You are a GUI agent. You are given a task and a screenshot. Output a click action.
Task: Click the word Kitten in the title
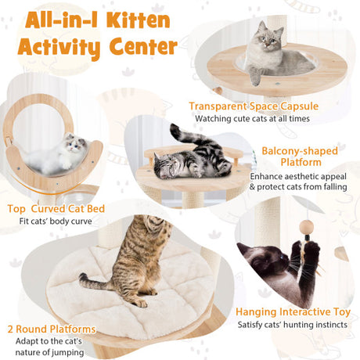pyautogui.click(x=138, y=20)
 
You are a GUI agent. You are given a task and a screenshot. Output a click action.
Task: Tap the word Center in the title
pyautogui.click(x=143, y=46)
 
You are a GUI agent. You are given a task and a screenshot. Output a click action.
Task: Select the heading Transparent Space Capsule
pyautogui.click(x=254, y=106)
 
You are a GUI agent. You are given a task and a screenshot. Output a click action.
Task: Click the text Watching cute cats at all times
pyautogui.click(x=252, y=119)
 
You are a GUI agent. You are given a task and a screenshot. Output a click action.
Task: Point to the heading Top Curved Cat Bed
pyautogui.click(x=56, y=209)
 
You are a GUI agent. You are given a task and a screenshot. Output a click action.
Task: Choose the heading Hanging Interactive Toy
pyautogui.click(x=293, y=312)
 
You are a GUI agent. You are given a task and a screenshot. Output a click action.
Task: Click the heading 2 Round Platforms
pyautogui.click(x=52, y=329)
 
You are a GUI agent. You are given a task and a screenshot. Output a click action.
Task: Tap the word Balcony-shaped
pyautogui.click(x=300, y=151)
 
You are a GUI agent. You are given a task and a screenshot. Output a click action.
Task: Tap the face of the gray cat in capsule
pyautogui.click(x=268, y=40)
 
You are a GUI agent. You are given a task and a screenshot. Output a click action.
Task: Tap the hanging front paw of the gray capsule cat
pyautogui.click(x=254, y=75)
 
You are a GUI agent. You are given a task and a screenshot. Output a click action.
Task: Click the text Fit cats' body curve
pyautogui.click(x=56, y=221)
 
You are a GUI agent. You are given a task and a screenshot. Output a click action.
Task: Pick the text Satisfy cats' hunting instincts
pyautogui.click(x=293, y=325)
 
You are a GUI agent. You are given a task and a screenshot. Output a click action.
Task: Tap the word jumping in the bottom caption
pyautogui.click(x=67, y=353)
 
